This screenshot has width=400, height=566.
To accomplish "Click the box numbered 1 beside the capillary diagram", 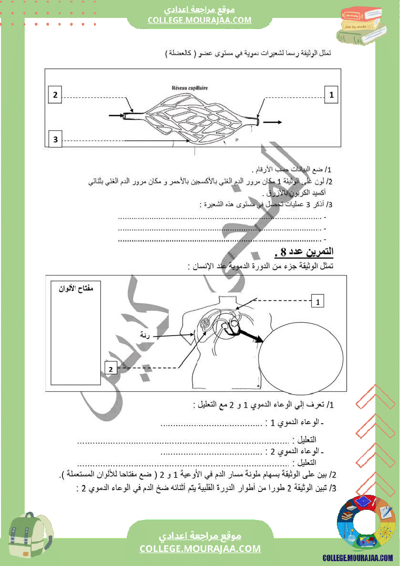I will [x=331, y=95].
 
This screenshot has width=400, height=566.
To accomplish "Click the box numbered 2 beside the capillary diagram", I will [x=56, y=95].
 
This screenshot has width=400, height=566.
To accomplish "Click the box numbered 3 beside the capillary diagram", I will [x=56, y=140].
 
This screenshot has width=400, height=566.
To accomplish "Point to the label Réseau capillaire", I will [x=189, y=89].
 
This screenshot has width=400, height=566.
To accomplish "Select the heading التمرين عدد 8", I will [x=304, y=252].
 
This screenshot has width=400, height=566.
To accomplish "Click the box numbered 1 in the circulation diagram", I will [x=318, y=302].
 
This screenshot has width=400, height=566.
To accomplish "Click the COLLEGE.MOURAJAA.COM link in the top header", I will [x=200, y=20].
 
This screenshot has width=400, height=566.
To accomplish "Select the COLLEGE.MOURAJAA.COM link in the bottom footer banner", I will [x=200, y=549].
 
